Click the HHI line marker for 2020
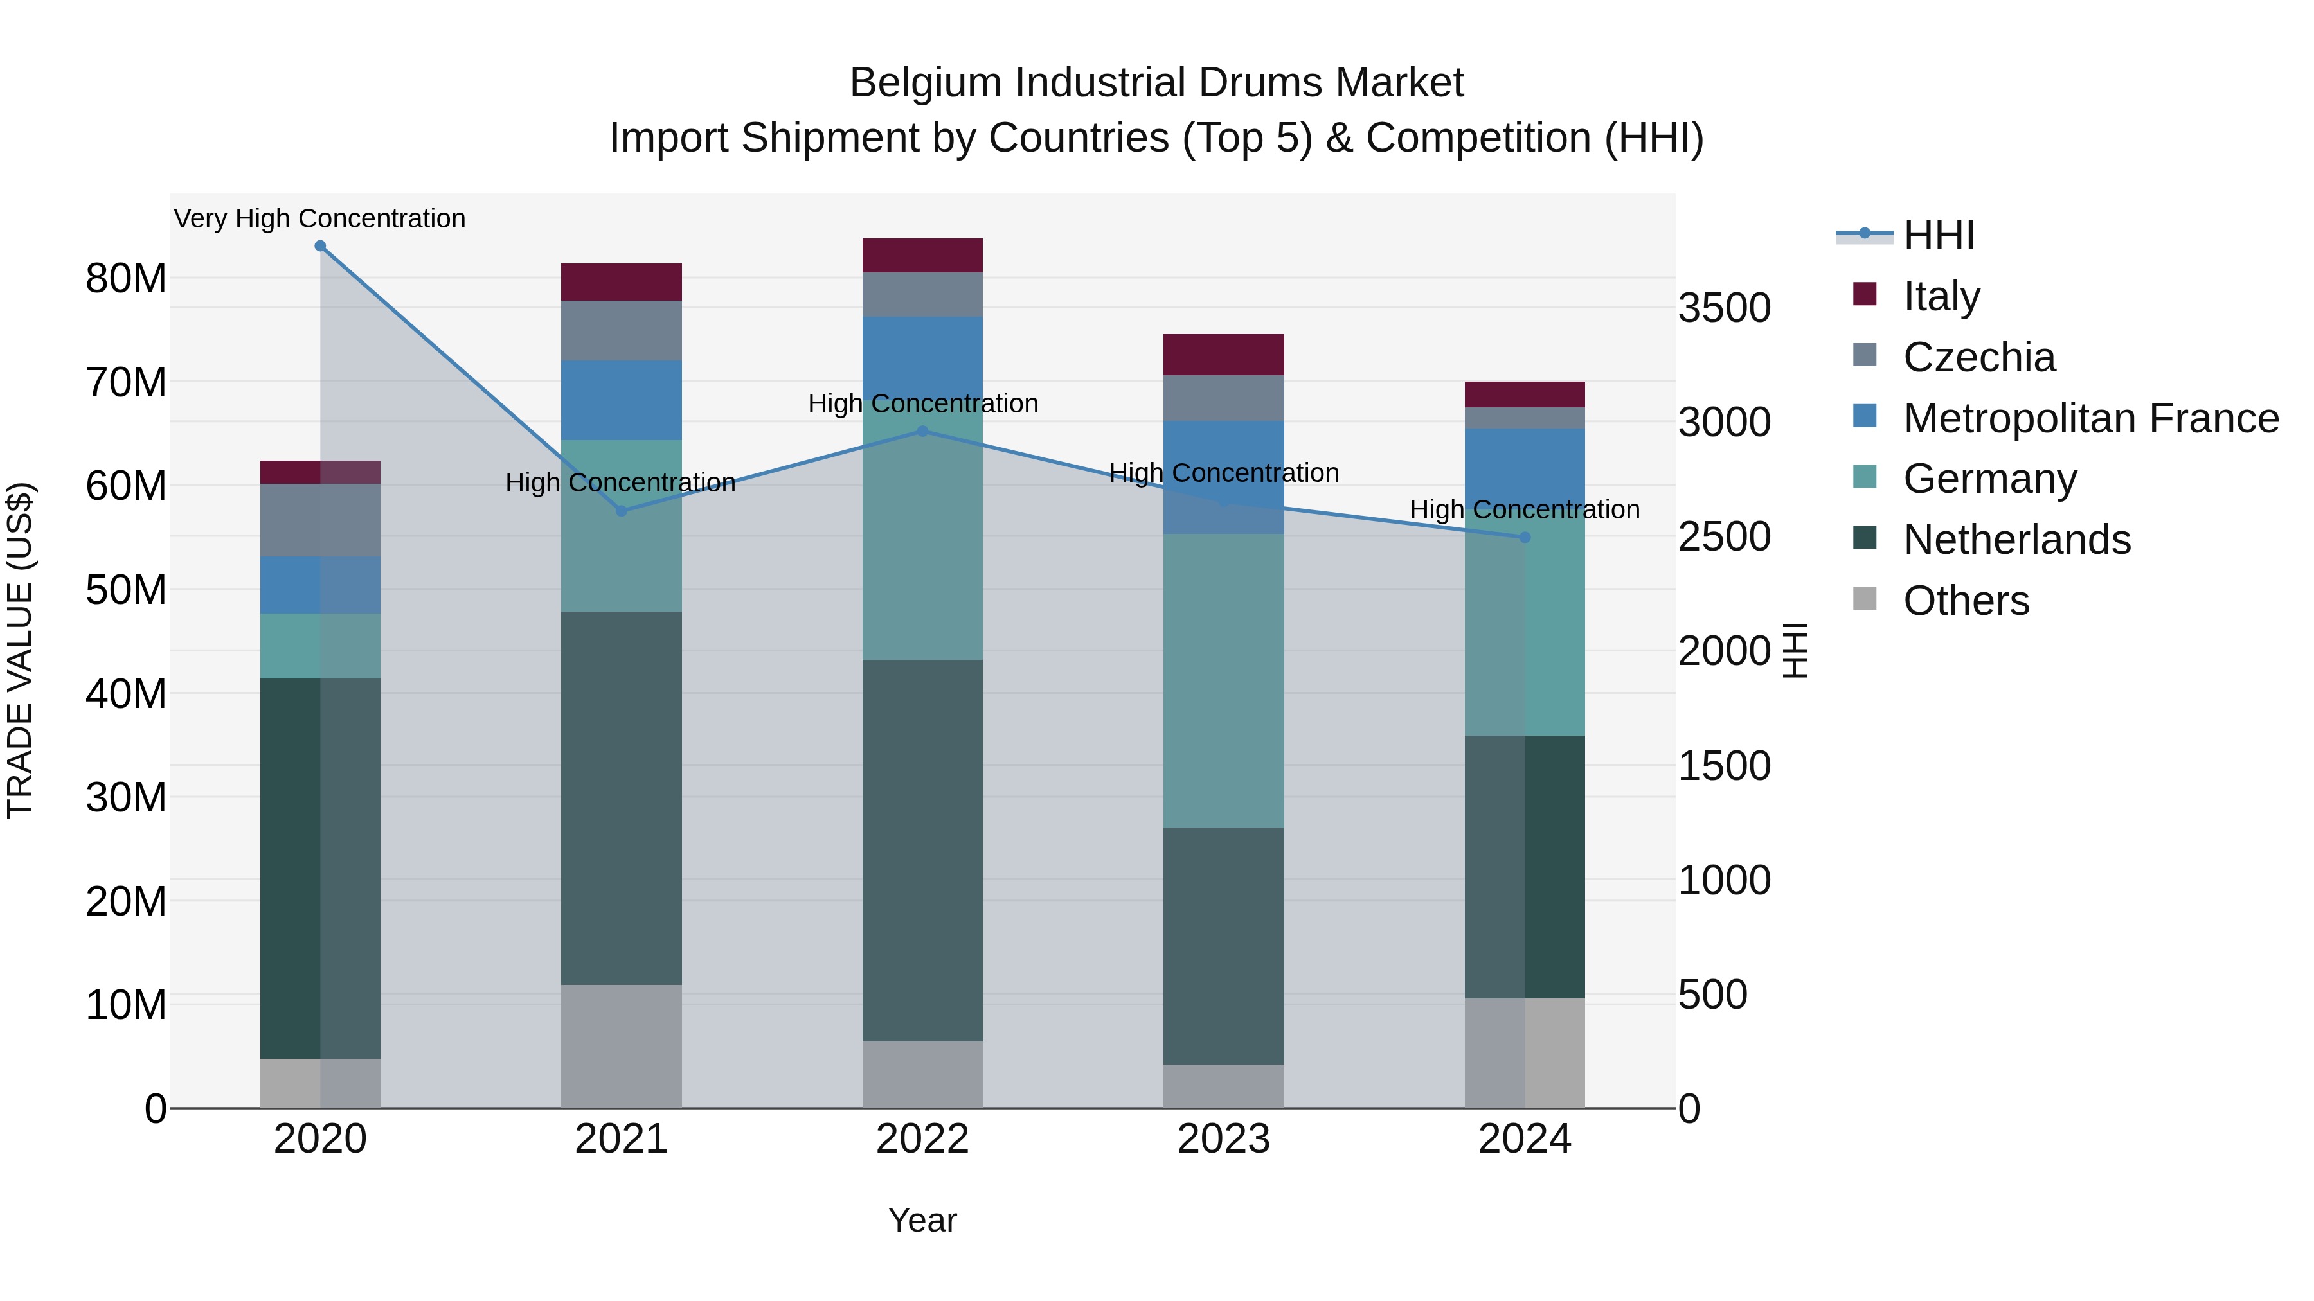click(x=320, y=246)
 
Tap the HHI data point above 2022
click(x=922, y=432)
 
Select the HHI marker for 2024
click(x=1525, y=538)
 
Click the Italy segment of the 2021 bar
click(x=621, y=282)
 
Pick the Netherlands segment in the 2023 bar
click(x=1223, y=946)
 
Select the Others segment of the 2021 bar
click(x=621, y=1046)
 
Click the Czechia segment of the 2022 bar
click(x=922, y=294)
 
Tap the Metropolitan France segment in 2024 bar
click(x=1525, y=467)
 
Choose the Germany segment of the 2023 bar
click(x=1223, y=680)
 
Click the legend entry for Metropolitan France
click(x=2090, y=418)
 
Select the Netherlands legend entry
click(x=2016, y=540)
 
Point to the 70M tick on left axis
click(x=126, y=382)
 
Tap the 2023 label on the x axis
click(x=1223, y=1139)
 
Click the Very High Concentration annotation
click(x=320, y=218)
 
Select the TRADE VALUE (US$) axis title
click(x=20, y=650)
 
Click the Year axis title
click(x=922, y=1220)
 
